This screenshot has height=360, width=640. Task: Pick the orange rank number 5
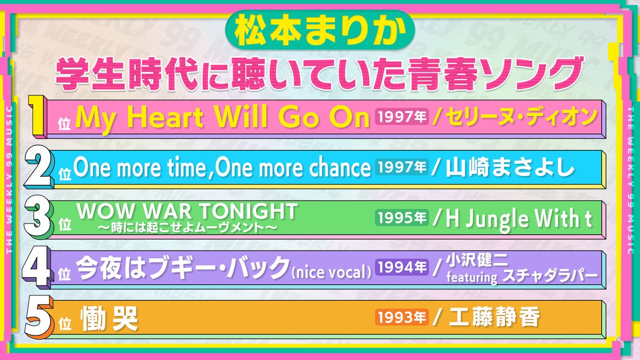(39, 318)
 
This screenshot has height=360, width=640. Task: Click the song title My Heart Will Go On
(223, 118)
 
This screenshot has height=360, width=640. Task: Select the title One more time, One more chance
(222, 168)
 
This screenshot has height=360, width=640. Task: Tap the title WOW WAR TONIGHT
(186, 212)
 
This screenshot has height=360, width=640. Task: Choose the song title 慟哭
(109, 318)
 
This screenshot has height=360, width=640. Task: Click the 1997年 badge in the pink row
(403, 117)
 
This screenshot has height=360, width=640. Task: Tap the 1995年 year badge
(403, 218)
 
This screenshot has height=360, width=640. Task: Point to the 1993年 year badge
(403, 318)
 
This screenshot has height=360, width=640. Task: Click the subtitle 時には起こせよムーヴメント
(186, 228)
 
